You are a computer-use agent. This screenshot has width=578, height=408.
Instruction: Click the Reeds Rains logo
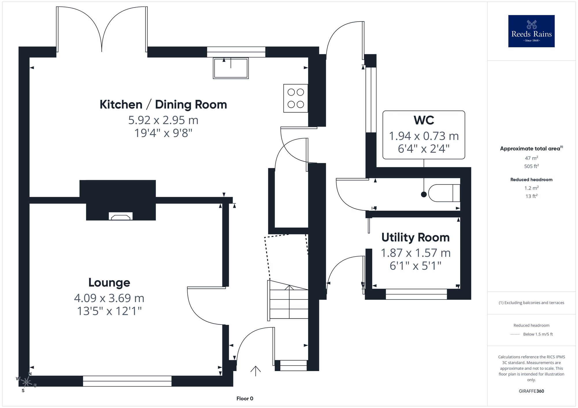(531, 31)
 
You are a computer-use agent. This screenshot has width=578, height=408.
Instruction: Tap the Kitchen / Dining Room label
(163, 104)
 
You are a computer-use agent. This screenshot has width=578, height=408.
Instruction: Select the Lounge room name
(109, 282)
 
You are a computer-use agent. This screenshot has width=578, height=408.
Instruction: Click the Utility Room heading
(416, 237)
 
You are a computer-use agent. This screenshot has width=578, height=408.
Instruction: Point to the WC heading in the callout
(424, 120)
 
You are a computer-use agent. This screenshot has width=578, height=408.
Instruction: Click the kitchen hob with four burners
(296, 98)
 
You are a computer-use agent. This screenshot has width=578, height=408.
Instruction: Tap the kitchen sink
(231, 68)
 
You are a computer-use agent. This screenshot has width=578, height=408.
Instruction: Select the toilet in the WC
(444, 193)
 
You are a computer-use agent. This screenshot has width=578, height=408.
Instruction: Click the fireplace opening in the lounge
(121, 216)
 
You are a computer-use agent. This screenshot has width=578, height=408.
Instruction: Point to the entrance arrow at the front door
(255, 371)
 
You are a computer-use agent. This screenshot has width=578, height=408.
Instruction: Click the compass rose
(26, 382)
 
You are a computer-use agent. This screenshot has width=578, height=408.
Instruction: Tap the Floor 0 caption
(245, 398)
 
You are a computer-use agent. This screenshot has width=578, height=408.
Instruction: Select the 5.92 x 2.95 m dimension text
(163, 120)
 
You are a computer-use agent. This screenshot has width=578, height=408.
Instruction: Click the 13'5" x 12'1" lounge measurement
(109, 311)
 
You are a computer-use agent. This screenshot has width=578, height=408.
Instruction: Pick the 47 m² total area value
(531, 158)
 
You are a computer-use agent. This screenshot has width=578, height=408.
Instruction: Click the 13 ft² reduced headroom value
(531, 196)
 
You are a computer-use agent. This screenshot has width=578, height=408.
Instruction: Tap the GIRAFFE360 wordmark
(531, 391)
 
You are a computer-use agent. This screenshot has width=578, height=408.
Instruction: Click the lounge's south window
(127, 381)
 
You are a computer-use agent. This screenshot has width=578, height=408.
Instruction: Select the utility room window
(416, 294)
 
